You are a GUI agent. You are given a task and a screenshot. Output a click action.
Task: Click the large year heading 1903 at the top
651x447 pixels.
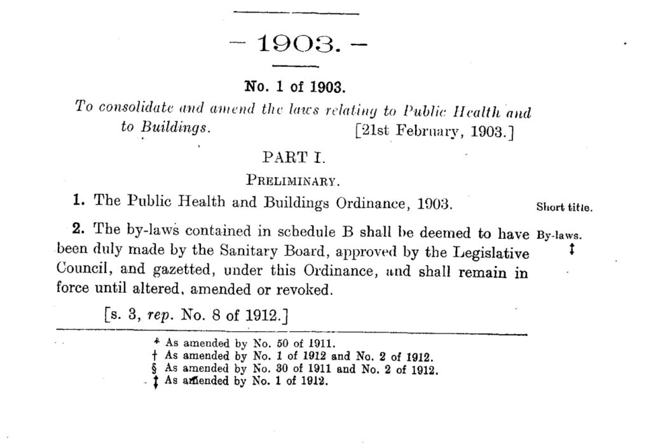296,44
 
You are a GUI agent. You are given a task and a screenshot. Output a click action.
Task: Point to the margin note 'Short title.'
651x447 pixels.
565,207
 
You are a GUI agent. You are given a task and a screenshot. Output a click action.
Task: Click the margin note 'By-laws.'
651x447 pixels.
560,234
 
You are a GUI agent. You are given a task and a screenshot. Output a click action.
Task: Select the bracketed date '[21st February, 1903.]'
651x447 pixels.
433,133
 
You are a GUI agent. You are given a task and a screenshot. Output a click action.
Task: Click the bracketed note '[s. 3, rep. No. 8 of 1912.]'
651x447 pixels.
196,315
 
